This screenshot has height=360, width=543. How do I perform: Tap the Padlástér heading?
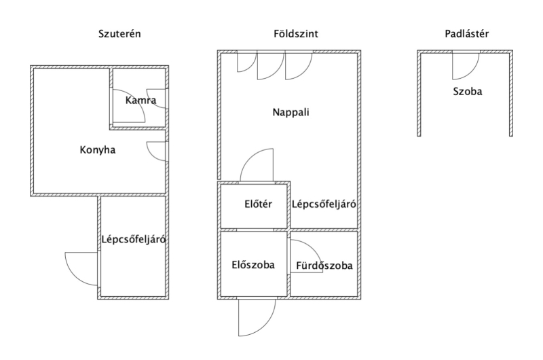466,33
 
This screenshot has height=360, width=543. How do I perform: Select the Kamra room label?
141,101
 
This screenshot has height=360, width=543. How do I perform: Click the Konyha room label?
98,150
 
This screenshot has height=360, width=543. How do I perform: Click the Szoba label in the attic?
467,90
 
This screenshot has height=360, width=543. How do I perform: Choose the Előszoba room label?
253,265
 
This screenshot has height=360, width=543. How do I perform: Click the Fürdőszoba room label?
324,266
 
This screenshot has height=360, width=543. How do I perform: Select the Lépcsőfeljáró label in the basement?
134,239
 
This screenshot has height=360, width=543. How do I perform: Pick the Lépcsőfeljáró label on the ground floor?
324,204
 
